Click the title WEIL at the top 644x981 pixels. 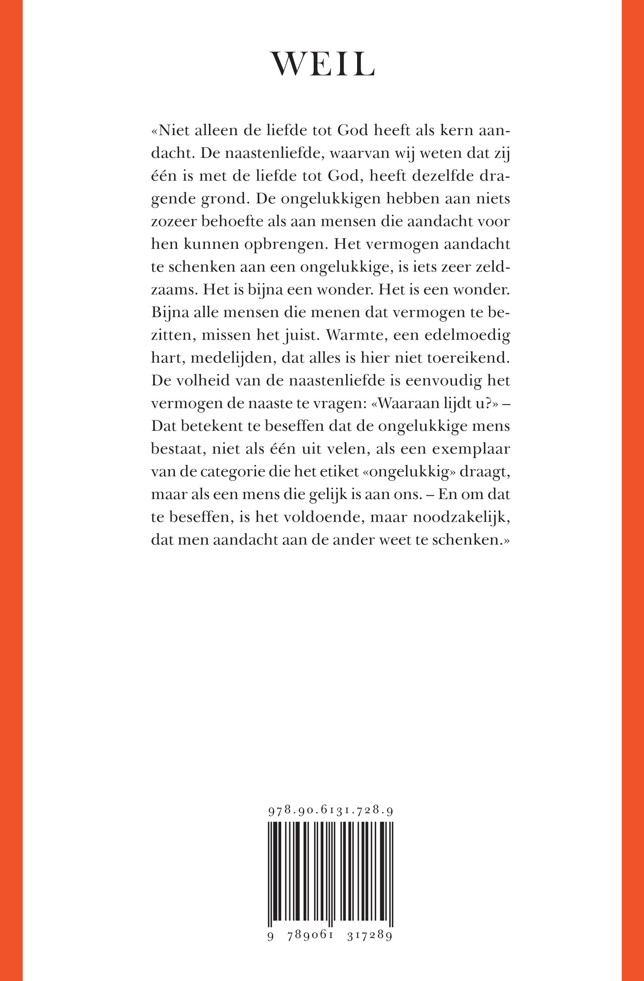click(322, 65)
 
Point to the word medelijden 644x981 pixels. click(233, 357)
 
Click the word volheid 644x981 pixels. click(202, 380)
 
